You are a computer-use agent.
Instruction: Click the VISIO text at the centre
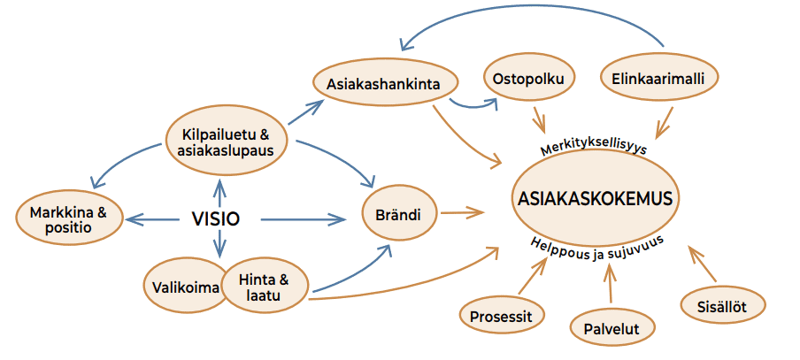pyautogui.click(x=215, y=218)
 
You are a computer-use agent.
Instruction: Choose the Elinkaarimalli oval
pyautogui.click(x=658, y=79)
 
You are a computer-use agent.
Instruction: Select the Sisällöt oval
pyautogui.click(x=723, y=305)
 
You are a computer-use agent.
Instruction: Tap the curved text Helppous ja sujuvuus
pyautogui.click(x=597, y=248)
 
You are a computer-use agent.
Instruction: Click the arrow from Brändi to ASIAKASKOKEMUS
pyautogui.click(x=462, y=212)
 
